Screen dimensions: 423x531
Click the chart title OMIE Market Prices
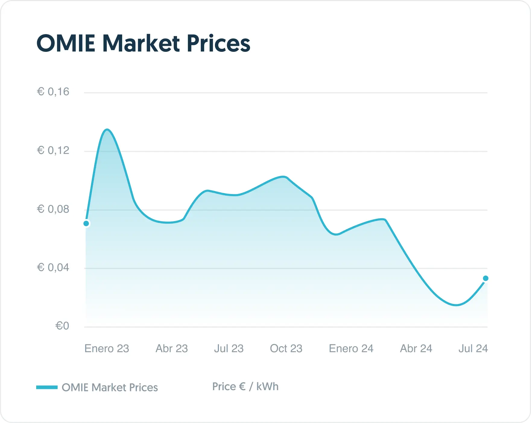click(143, 44)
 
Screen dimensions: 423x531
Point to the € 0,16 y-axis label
click(53, 92)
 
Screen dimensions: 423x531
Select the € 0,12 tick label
click(53, 150)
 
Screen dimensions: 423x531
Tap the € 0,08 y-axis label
click(53, 209)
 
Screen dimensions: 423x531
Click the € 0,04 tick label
click(53, 268)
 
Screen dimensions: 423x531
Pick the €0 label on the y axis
click(62, 326)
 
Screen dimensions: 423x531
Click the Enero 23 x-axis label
click(107, 349)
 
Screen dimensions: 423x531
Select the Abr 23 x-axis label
click(172, 349)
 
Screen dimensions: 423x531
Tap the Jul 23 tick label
click(229, 349)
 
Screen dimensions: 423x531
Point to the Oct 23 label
click(286, 349)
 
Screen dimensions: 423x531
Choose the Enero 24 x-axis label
click(351, 349)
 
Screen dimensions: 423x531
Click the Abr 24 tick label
click(416, 349)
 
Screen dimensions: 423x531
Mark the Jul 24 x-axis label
click(473, 349)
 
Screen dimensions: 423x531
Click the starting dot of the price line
click(86, 224)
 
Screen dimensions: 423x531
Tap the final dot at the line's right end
click(485, 278)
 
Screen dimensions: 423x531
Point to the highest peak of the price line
click(107, 130)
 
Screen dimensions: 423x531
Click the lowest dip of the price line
click(457, 305)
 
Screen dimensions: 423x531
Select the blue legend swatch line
click(47, 387)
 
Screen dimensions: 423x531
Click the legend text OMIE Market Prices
click(110, 387)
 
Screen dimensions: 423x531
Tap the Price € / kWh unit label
click(245, 387)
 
